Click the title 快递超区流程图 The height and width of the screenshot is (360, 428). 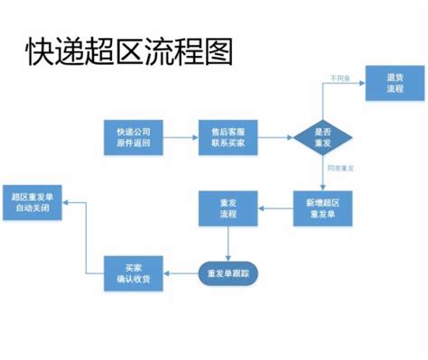pyautogui.click(x=128, y=51)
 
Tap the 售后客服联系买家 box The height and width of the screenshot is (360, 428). pyautogui.click(x=228, y=138)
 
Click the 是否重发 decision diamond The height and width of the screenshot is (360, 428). pyautogui.click(x=322, y=138)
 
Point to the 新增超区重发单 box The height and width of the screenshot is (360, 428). pyautogui.click(x=323, y=209)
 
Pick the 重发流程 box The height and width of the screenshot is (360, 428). pyautogui.click(x=228, y=209)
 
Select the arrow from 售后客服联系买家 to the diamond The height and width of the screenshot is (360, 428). pyautogui.click(x=275, y=138)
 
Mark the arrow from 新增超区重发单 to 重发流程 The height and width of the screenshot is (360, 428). pyautogui.click(x=275, y=209)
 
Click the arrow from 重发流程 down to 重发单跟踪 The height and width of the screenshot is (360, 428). pyautogui.click(x=228, y=244)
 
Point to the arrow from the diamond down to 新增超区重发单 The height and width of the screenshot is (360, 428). pyautogui.click(x=322, y=174)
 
